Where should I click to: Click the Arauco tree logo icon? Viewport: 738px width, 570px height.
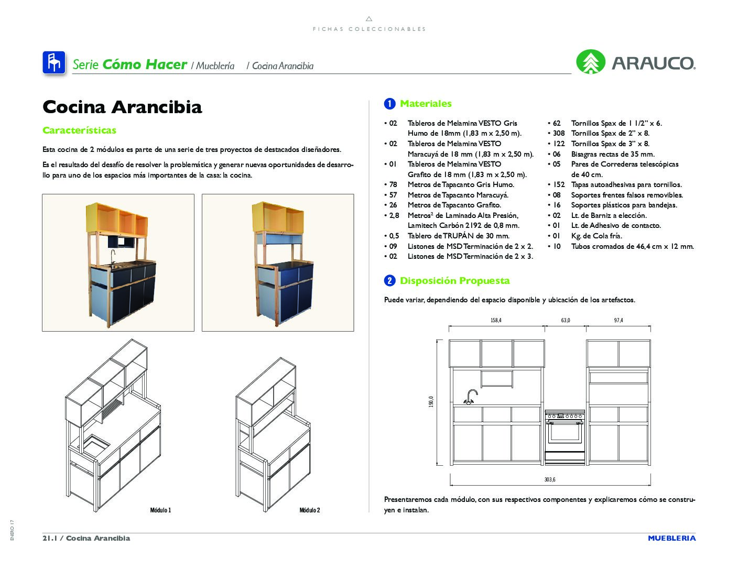591,62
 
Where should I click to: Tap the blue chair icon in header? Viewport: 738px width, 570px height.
53,63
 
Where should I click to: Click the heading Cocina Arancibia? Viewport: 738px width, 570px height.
122,107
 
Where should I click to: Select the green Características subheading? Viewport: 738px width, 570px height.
79,130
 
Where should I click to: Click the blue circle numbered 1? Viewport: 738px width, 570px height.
389,104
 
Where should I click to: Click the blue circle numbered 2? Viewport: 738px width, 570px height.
389,281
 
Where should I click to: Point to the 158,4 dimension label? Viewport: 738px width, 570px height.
496,320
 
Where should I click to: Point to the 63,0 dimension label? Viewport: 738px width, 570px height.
565,320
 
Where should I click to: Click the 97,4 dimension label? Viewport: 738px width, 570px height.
618,320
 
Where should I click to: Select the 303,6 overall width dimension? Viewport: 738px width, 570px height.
550,479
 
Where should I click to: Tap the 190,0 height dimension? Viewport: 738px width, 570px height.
431,402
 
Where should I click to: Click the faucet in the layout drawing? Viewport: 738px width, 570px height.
470,397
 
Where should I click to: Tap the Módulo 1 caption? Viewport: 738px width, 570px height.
160,510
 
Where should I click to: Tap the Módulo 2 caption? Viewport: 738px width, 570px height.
310,510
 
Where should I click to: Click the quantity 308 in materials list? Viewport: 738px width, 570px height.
559,134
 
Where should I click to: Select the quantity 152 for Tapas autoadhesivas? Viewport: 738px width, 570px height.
559,185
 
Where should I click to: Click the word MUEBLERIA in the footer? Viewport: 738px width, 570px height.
671,538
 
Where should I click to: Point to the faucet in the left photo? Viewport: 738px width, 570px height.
113,257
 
